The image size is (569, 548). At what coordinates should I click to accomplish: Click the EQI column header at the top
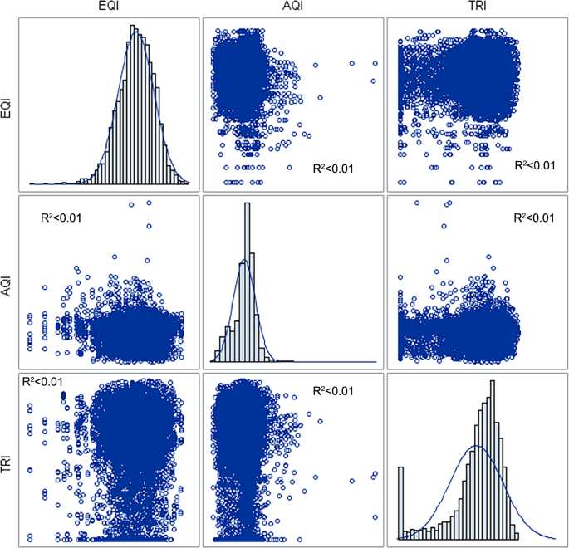point(106,7)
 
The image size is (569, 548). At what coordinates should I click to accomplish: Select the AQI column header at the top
point(292,7)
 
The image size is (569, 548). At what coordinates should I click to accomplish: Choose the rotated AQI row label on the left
point(7,281)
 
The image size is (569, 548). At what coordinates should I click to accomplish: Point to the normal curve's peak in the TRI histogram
point(476,446)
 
